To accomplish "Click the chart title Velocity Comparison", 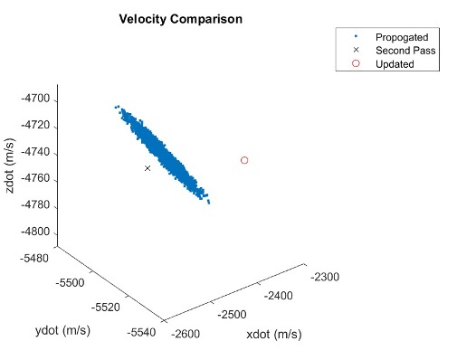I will pyautogui.click(x=186, y=18).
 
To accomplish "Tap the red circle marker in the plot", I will pyautogui.click(x=244, y=160).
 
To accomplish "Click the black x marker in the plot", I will pyautogui.click(x=148, y=168).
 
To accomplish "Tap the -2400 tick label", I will pyautogui.click(x=282, y=296).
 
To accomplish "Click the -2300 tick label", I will pyautogui.click(x=326, y=277).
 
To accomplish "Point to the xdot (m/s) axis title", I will pyautogui.click(x=273, y=336).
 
